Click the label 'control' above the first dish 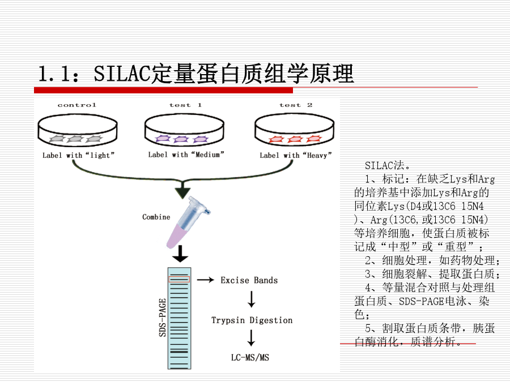pos(76,105)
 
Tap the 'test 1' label pos(185,105)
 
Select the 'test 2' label pos(296,105)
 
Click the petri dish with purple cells pos(184,130)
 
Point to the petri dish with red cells pos(294,130)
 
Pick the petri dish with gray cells pos(78,130)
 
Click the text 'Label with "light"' pos(78,155)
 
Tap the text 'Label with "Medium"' pos(186,154)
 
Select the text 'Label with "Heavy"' pos(296,155)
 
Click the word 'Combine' pos(156,217)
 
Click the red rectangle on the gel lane pos(179,279)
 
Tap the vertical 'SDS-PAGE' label pos(162,317)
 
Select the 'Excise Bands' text pos(249,280)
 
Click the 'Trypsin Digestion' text pos(252,320)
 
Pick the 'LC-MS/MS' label pos(250,358)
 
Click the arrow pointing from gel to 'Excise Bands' pos(206,280)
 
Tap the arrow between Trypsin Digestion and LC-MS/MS pos(251,338)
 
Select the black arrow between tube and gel pos(180,254)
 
